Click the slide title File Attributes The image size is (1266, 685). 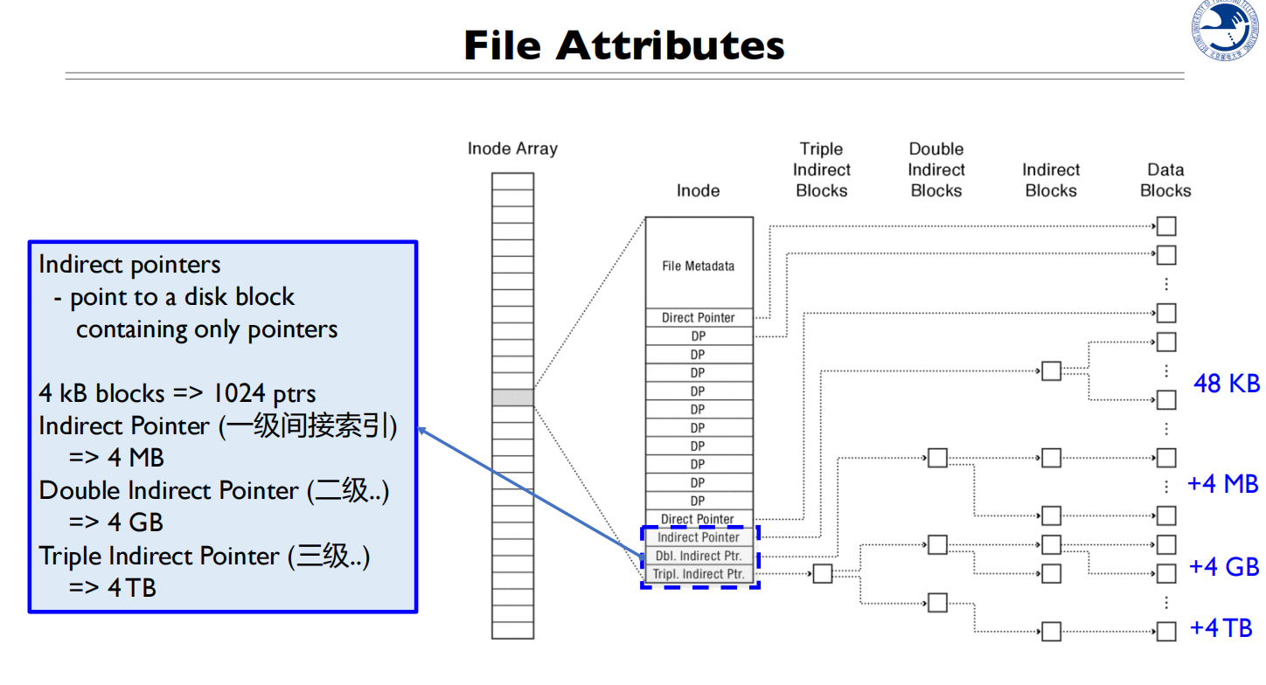[624, 45]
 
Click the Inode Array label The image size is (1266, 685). [512, 149]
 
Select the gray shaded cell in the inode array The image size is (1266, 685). [512, 398]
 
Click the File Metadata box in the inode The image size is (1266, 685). [698, 266]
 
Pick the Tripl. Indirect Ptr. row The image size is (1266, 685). [699, 574]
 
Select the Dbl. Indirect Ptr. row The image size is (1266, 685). [699, 556]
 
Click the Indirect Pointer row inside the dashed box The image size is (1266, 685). [699, 537]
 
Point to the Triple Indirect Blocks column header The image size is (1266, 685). [822, 170]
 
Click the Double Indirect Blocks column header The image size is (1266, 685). [936, 170]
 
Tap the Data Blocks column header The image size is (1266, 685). [1165, 180]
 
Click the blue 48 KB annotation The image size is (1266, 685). [1227, 383]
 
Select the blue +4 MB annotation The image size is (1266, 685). [1222, 483]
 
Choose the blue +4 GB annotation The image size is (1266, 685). [1224, 567]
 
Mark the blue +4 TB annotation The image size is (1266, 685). [1221, 627]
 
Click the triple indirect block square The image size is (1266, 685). [822, 574]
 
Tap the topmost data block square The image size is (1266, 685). [1166, 227]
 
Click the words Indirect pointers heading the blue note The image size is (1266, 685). [129, 265]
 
